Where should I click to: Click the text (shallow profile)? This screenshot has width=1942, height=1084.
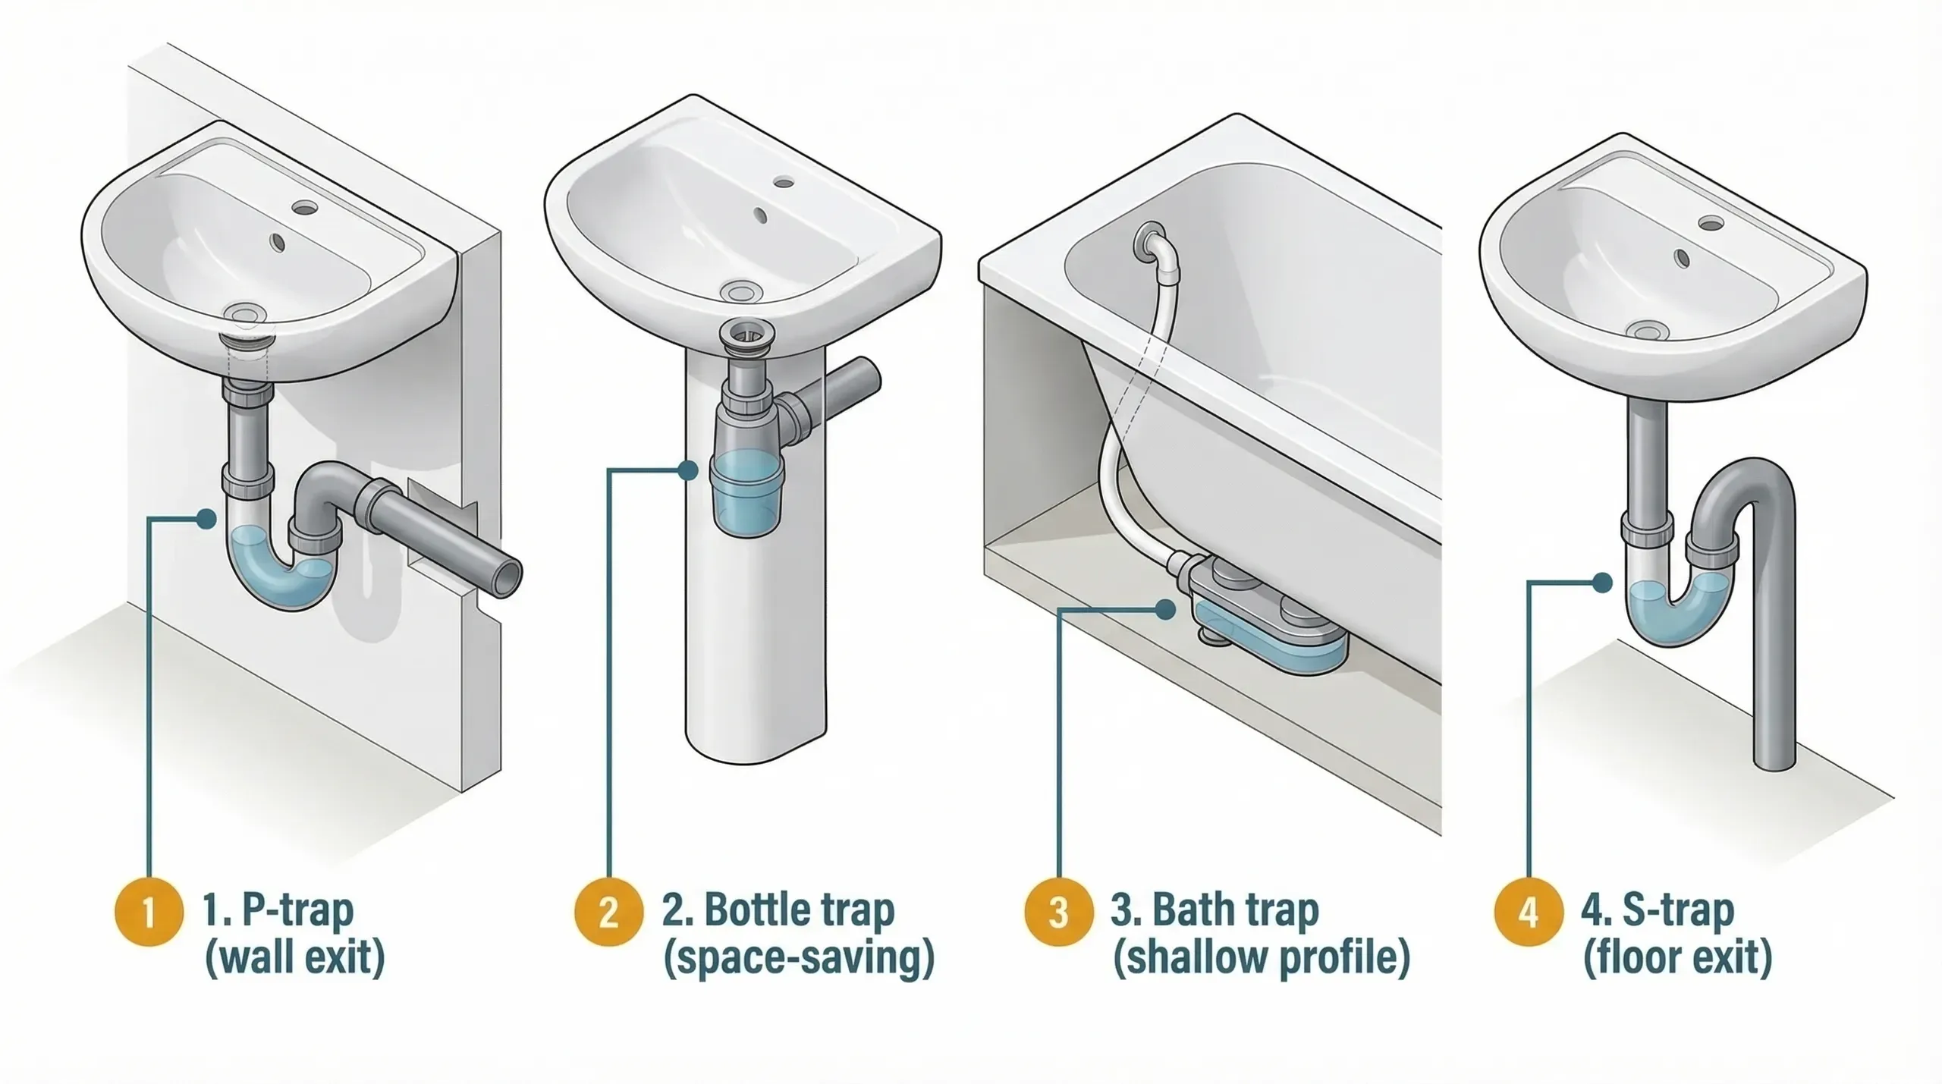(1261, 958)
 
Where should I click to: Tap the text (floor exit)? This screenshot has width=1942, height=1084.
(1677, 958)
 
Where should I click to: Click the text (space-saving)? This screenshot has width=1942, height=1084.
(798, 958)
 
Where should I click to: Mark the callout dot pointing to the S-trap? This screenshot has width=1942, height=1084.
(1602, 583)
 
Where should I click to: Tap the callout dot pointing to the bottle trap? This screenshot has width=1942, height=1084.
(689, 470)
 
